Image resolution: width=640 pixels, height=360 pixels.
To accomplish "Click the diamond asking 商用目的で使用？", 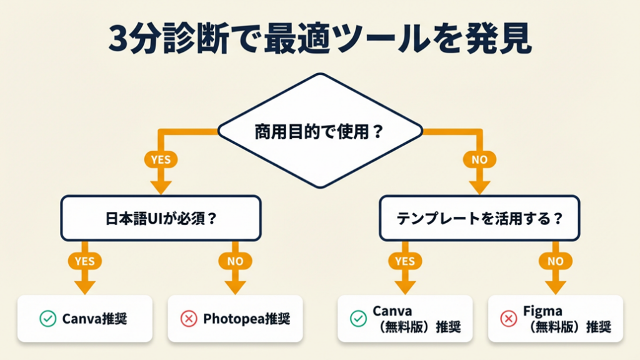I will [320, 132].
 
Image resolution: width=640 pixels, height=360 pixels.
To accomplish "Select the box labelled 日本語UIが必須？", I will [161, 219].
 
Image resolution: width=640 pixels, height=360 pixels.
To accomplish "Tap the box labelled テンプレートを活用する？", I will [479, 219].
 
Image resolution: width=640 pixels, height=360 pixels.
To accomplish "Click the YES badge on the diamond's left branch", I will [161, 159].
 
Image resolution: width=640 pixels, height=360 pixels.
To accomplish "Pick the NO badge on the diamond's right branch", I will [479, 159].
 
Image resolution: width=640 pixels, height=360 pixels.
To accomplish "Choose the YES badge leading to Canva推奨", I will [85, 261].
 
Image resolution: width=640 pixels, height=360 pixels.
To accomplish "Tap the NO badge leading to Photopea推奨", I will [236, 261].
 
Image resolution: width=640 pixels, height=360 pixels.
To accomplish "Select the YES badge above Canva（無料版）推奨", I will [404, 261].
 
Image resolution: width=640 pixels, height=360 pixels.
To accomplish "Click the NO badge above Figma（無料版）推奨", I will [555, 261].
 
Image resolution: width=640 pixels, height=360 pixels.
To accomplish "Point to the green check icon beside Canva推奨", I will [47, 319].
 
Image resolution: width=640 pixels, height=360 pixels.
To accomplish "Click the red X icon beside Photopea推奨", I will [189, 319].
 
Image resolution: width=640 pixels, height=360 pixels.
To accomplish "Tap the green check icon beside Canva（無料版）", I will [358, 319].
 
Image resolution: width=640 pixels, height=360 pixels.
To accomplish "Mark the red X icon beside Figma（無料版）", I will [509, 319].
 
